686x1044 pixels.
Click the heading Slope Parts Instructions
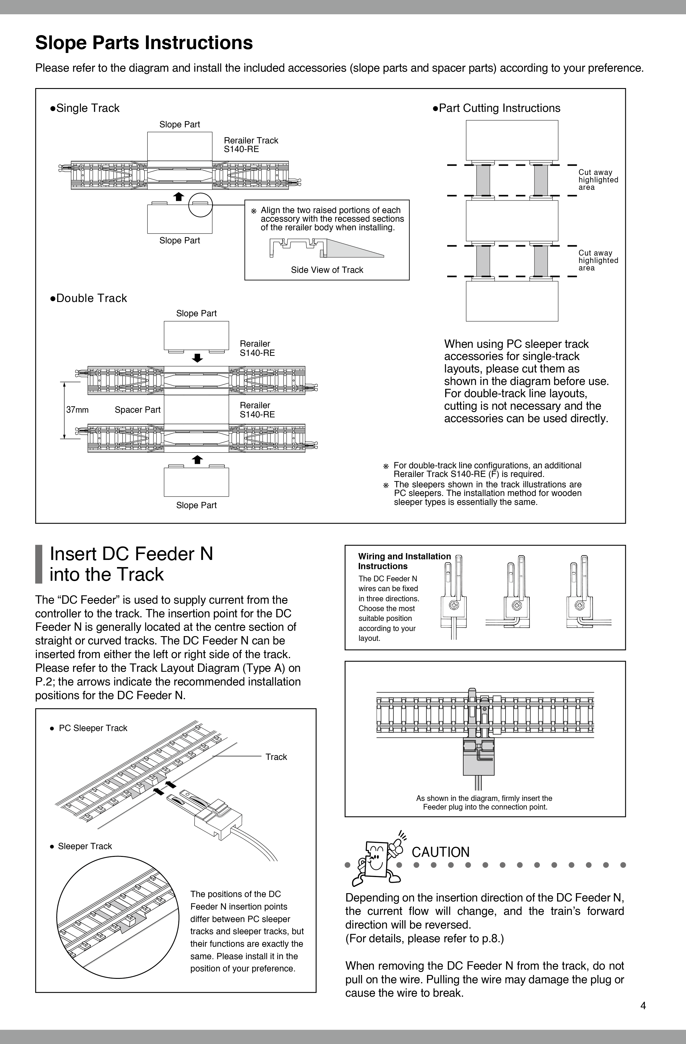[144, 43]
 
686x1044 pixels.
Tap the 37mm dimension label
[77, 410]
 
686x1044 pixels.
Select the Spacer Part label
[137, 410]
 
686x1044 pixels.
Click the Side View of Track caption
[327, 270]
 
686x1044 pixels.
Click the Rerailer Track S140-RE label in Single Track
[251, 145]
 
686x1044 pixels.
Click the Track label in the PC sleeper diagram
[276, 757]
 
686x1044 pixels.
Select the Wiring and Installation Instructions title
[404, 561]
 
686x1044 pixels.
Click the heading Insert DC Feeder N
[131, 564]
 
